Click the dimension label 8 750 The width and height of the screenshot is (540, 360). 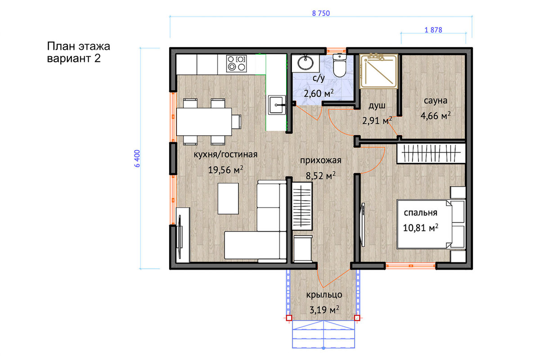click(321, 13)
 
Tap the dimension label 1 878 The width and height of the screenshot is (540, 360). click(433, 30)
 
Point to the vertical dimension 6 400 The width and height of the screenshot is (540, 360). click(137, 158)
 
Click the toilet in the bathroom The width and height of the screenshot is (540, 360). click(339, 65)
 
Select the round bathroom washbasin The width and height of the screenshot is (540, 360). click(306, 63)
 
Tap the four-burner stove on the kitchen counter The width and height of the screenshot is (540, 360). click(237, 63)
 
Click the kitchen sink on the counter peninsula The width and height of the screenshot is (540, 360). click(277, 105)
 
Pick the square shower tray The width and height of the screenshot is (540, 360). click(378, 71)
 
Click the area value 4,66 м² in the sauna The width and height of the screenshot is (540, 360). click(436, 116)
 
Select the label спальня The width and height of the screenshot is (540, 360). click(420, 213)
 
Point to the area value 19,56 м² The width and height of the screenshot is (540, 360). click(225, 170)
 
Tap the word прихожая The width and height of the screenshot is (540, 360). click(320, 160)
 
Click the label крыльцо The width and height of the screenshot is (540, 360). click(324, 295)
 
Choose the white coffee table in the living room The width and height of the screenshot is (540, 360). click(228, 198)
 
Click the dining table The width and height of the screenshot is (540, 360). click(204, 122)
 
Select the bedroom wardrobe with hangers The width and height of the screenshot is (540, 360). click(431, 153)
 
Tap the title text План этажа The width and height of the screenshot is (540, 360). click(79, 46)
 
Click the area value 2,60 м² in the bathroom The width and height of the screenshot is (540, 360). click(319, 93)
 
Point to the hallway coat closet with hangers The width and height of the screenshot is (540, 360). click(302, 206)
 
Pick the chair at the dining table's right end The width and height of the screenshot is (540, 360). click(237, 122)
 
